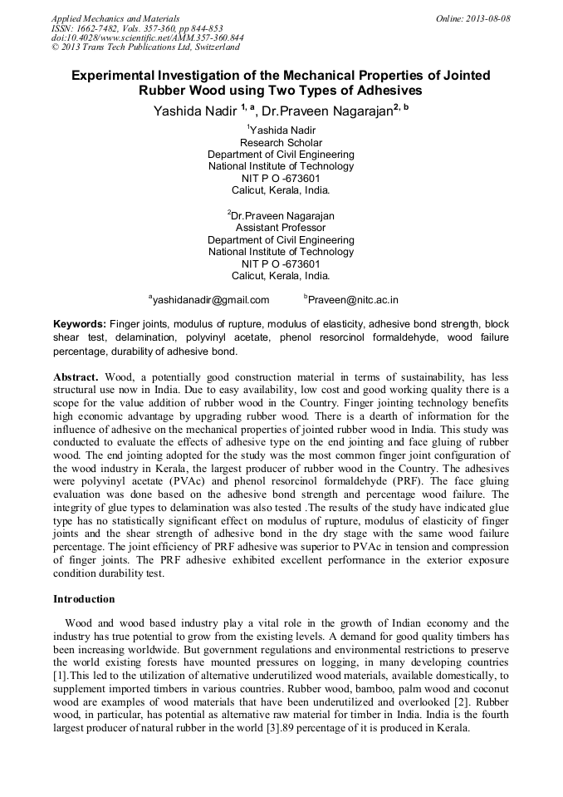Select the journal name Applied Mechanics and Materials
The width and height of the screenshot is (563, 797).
115,18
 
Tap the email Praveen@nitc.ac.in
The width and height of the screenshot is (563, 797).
353,300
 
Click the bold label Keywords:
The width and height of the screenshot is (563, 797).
80,324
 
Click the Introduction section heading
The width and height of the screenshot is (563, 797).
84,598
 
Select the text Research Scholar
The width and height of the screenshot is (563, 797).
281,142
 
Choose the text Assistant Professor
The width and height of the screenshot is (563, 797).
281,227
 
